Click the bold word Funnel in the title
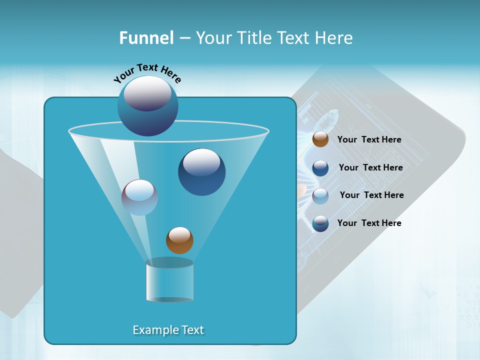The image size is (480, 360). click(146, 38)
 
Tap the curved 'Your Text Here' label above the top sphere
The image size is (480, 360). click(147, 73)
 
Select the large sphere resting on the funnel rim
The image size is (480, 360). click(147, 105)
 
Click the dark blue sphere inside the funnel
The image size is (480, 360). click(201, 172)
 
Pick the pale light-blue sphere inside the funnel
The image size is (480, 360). click(139, 197)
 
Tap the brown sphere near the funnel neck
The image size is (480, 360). click(179, 240)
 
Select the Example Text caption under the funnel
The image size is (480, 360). click(168, 330)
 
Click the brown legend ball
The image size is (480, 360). click(320, 139)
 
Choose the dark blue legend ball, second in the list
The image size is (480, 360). click(320, 168)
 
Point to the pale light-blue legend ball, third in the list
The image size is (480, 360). click(320, 196)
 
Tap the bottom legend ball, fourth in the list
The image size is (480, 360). click(320, 223)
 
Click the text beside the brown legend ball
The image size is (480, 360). click(369, 140)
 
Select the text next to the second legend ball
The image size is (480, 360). click(370, 168)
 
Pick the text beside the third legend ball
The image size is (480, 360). click(371, 195)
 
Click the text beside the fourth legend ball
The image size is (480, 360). click(369, 223)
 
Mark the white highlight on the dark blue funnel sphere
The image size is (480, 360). click(201, 161)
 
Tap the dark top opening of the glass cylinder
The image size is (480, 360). click(170, 262)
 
